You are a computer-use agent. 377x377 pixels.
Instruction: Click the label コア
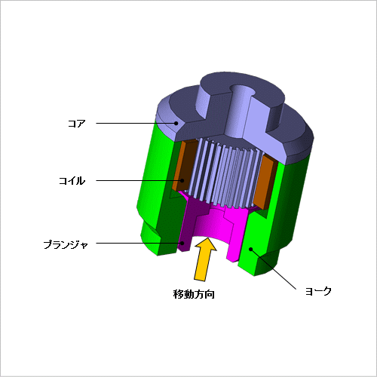[77, 124]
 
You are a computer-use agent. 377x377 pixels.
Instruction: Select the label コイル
[72, 181]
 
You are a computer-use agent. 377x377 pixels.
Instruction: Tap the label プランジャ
[66, 244]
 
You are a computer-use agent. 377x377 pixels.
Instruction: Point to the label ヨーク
[318, 291]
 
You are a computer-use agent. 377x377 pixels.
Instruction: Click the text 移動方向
[194, 294]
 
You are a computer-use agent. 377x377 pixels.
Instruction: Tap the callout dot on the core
[176, 123]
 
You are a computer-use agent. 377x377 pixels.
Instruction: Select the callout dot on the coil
[182, 180]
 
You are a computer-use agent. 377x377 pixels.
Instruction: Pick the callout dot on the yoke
[250, 249]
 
